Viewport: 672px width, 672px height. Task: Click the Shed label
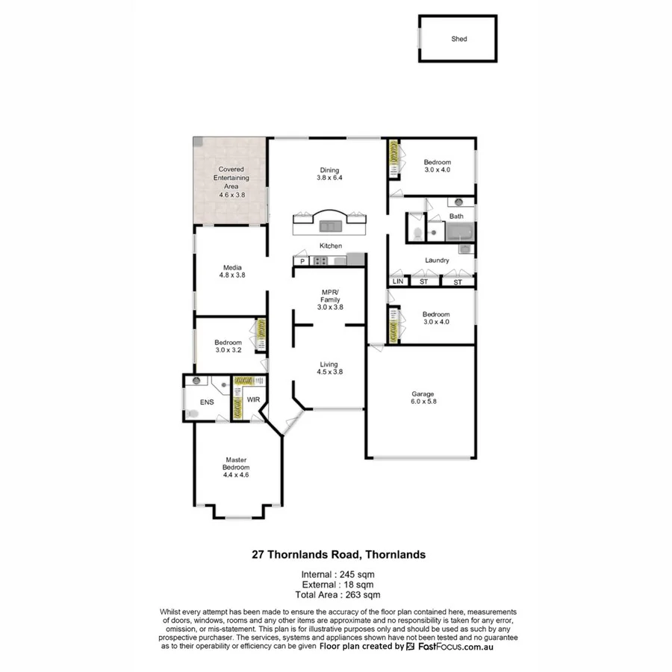458,39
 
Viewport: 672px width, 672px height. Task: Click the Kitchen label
331,246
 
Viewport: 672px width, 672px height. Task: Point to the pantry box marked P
302,261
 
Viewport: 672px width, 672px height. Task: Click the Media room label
231,267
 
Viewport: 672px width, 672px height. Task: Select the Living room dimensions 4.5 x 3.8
329,372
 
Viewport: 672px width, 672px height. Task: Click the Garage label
422,394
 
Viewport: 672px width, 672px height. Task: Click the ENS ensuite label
207,402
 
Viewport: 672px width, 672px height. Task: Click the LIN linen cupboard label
397,281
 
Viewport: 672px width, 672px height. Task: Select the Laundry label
437,261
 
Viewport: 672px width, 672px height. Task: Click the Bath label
455,217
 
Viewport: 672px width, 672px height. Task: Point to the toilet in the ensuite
193,412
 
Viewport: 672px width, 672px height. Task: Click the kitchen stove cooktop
321,261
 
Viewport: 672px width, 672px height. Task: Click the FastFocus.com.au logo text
461,647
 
